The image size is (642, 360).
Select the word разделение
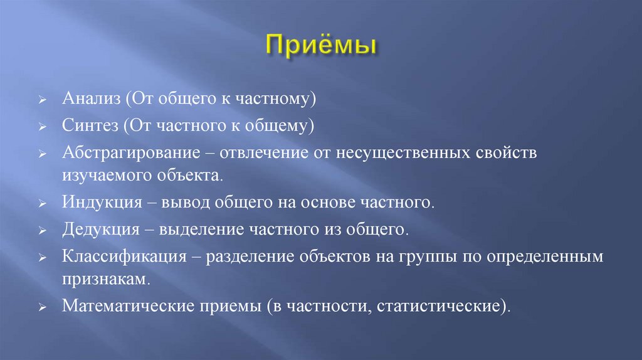(x=242, y=257)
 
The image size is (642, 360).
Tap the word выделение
(x=197, y=230)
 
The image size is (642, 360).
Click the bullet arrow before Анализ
(x=41, y=100)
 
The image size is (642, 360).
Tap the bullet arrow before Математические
(x=41, y=308)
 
